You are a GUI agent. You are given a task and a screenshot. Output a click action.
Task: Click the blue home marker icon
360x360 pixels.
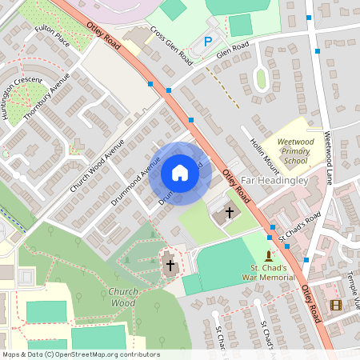[x=180, y=173]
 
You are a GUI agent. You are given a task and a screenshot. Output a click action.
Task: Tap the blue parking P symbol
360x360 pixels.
[x=209, y=42]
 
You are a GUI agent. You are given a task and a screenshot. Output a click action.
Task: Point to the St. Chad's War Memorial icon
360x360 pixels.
[x=269, y=254]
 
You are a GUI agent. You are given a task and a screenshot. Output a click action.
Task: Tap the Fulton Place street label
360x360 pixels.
[x=52, y=36]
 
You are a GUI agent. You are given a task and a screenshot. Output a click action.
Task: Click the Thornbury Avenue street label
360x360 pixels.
[x=47, y=96]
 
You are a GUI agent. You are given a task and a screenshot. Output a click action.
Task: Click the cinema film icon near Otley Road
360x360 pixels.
[x=336, y=305]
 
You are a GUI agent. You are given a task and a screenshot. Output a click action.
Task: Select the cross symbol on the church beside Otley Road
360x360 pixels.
[x=230, y=213]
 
